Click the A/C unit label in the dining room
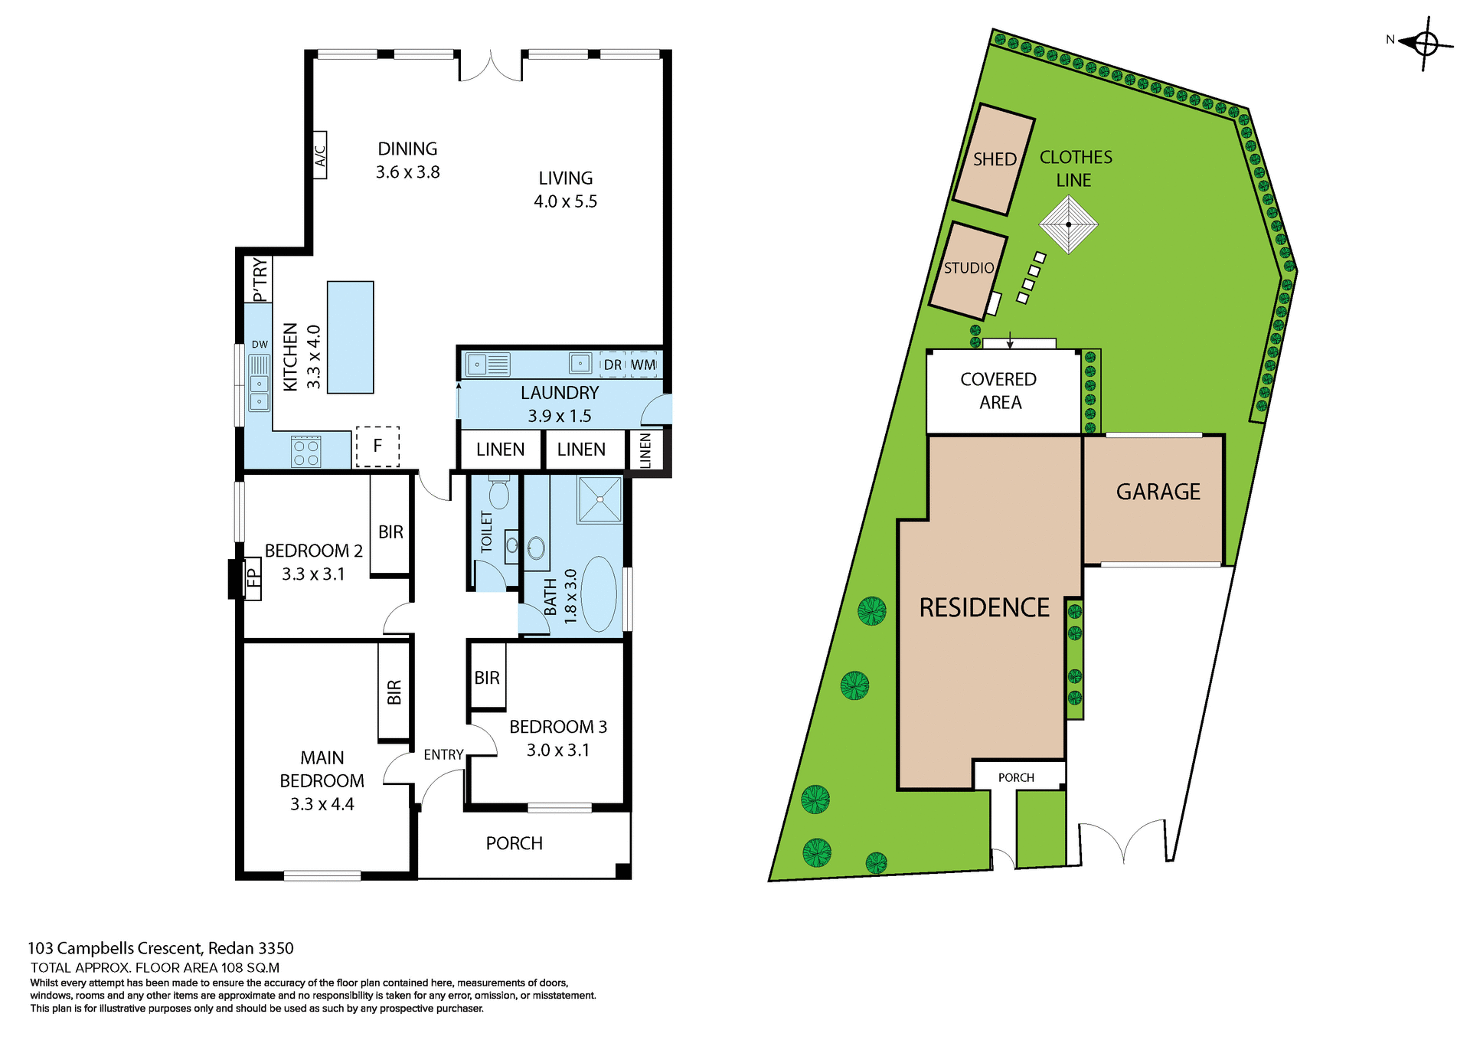(320, 155)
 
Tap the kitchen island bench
(350, 337)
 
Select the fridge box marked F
(377, 446)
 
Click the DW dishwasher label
(260, 345)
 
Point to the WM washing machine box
(643, 365)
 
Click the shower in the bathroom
(600, 499)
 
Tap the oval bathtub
(599, 594)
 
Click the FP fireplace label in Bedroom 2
(253, 579)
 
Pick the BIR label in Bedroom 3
(487, 678)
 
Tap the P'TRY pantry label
(260, 280)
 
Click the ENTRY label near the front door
(443, 755)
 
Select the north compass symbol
(1425, 43)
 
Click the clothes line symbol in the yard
(1068, 224)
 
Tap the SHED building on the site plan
(994, 159)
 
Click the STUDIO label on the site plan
(969, 268)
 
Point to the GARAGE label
(1158, 492)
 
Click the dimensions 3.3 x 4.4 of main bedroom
(322, 804)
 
